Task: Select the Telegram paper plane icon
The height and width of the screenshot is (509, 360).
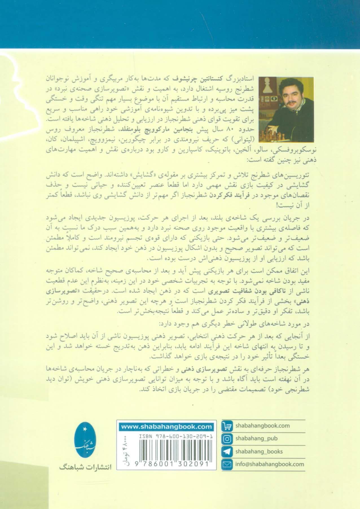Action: [227, 451]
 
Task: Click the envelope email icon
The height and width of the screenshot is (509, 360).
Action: [227, 464]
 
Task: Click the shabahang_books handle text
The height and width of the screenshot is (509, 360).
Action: [259, 451]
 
